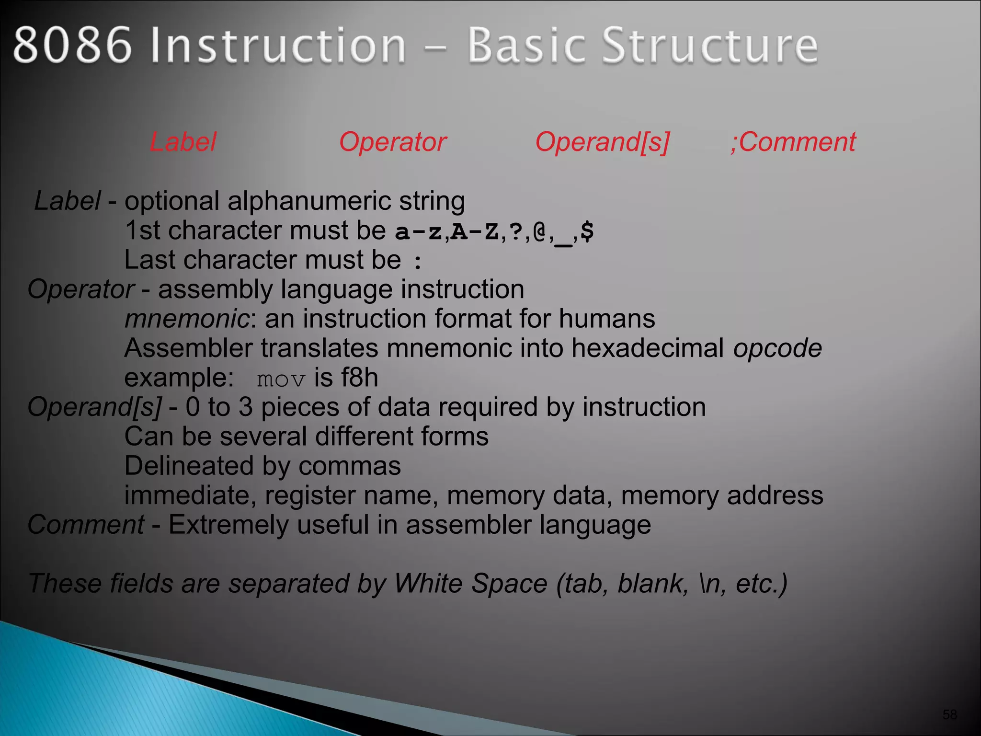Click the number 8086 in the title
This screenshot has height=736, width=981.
click(x=72, y=46)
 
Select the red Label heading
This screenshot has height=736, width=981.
click(x=183, y=142)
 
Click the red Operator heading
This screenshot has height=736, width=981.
click(x=393, y=142)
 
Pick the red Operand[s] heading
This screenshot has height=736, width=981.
click(x=602, y=142)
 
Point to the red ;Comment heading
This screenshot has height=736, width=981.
click(x=793, y=142)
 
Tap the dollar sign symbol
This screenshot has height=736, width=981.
click(x=587, y=231)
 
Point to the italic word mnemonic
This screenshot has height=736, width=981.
click(x=186, y=319)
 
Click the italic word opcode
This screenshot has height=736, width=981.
click(x=777, y=348)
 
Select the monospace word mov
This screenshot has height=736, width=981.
click(x=281, y=380)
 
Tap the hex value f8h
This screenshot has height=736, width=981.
click(x=359, y=378)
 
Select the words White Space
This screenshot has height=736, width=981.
click(x=471, y=584)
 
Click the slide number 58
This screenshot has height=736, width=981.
click(x=949, y=715)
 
